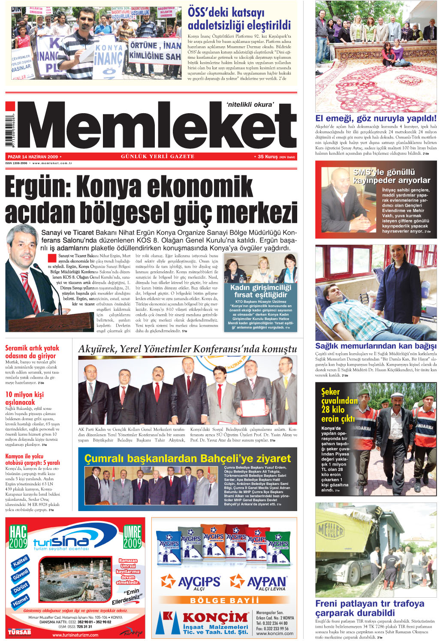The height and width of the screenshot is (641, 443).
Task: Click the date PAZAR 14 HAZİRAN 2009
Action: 33,157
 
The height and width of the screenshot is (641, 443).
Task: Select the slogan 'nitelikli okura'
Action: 250,105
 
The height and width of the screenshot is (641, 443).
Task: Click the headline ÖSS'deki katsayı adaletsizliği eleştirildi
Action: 239,19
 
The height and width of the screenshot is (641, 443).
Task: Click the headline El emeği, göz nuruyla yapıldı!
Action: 376,118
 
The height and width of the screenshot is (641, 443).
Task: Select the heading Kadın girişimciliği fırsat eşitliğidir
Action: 260,291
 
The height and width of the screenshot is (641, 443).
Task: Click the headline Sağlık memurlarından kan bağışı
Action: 376,346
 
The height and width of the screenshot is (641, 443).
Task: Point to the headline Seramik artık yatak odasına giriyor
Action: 32,352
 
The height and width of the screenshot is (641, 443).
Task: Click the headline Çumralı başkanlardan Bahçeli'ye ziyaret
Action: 187,459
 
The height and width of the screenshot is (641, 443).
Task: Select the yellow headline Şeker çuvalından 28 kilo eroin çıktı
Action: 338,405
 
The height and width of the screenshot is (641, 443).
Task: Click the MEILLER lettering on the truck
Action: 330,532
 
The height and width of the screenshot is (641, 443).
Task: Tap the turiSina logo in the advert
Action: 61,542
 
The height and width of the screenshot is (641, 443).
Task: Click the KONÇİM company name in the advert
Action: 215,617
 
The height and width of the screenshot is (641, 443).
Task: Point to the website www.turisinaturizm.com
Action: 75,635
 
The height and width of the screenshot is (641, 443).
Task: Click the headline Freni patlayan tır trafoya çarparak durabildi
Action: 370,608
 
